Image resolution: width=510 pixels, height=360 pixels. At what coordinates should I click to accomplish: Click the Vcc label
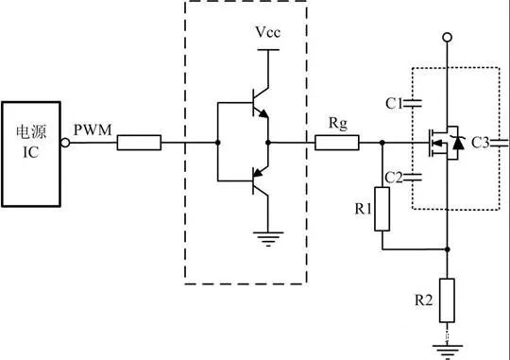coord(267,32)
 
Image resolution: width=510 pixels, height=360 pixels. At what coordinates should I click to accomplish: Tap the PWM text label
coord(93,129)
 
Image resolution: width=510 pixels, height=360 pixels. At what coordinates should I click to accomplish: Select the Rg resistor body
coord(337,143)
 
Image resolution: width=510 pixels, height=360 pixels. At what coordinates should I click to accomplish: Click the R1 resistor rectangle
coord(382,209)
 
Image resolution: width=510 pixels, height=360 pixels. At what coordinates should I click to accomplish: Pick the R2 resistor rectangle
coord(448,300)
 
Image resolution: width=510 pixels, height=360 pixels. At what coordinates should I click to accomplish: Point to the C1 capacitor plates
coord(412,104)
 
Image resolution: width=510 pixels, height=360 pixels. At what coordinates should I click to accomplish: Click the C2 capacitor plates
coord(412,177)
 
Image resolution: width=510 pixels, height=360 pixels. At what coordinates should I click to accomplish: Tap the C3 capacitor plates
coord(500,143)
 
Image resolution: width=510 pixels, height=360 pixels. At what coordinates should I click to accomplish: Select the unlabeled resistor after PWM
coord(139,143)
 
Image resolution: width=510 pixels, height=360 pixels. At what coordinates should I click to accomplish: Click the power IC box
coord(31,154)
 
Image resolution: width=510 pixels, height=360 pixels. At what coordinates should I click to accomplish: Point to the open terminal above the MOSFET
coord(448,38)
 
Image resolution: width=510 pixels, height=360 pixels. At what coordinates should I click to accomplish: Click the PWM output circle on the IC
coord(65,143)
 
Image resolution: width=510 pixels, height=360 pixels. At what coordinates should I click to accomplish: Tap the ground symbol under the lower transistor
coord(268,239)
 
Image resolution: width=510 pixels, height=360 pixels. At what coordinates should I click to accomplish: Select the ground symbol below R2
coord(448,351)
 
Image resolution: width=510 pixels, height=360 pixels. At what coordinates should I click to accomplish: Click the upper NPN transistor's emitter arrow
coord(263,113)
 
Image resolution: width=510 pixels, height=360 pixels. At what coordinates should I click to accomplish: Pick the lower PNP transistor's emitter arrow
coord(258,172)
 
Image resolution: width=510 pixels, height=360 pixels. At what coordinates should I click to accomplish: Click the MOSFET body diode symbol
coord(458,143)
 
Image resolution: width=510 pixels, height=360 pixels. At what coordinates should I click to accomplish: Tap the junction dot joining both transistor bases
coord(217,143)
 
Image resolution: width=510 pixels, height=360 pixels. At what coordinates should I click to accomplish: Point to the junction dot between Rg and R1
coord(382,143)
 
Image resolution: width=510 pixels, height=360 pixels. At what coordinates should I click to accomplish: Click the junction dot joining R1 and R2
coord(448,249)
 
